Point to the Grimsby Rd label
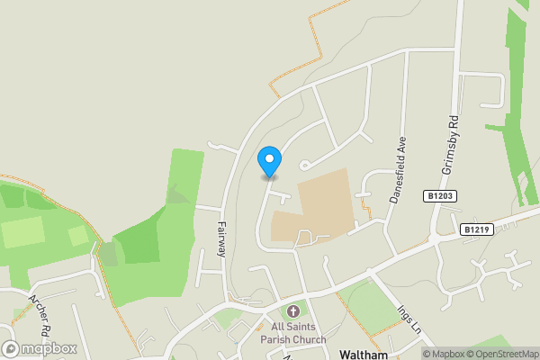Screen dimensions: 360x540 pos(452,145)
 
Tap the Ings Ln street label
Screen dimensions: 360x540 pos(406,318)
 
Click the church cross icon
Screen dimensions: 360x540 pos(292,310)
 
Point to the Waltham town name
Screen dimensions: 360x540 pos(364,355)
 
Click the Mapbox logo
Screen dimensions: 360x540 pos(40,348)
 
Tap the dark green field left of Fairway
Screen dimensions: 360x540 pos(144,238)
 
